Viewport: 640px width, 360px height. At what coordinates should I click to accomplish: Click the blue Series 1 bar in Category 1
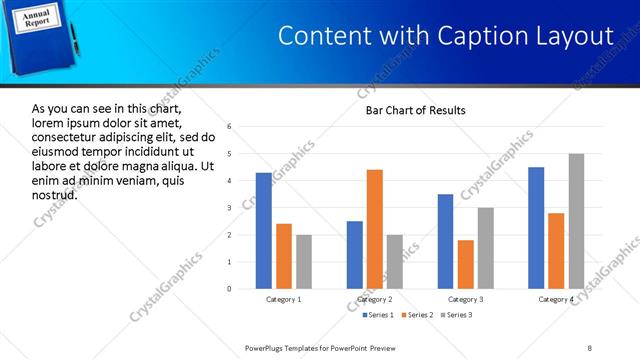[264, 231]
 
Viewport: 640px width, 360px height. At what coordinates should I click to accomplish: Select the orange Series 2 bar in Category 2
[375, 229]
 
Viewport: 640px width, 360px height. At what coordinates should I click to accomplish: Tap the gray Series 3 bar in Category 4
[577, 221]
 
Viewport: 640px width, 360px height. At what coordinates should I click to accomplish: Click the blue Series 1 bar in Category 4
[536, 228]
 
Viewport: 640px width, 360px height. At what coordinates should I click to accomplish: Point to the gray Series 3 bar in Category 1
[304, 262]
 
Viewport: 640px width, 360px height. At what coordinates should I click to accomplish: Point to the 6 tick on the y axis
[230, 127]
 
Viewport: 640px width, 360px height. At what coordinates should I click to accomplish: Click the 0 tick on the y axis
[230, 289]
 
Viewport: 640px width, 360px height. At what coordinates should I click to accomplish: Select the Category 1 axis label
[284, 299]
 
